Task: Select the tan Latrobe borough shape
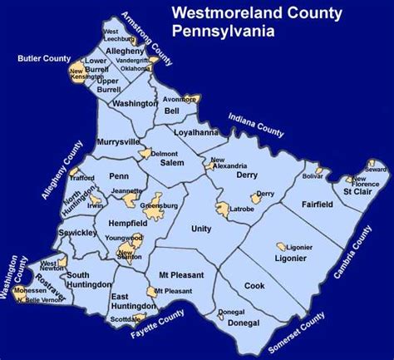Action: pyautogui.click(x=224, y=210)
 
